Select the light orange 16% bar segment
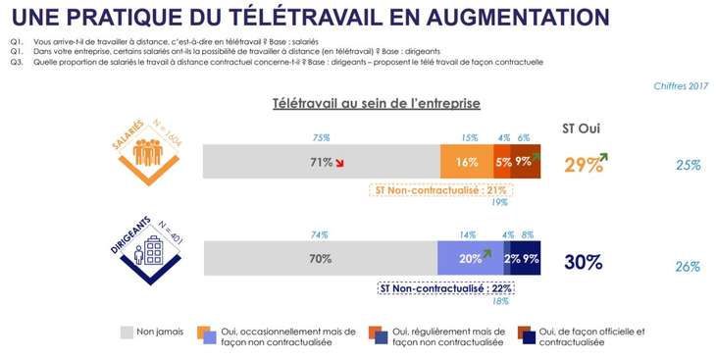pyautogui.click(x=466, y=162)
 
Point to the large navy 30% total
pyautogui.click(x=583, y=263)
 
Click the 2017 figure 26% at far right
pyautogui.click(x=689, y=266)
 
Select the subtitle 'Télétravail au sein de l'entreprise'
pyautogui.click(x=375, y=103)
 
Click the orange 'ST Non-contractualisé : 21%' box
pyautogui.click(x=440, y=189)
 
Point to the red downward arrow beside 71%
pyautogui.click(x=340, y=163)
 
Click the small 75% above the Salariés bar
pyautogui.click(x=321, y=137)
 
